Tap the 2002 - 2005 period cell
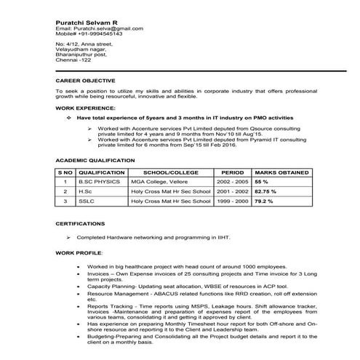[x=233, y=180]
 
